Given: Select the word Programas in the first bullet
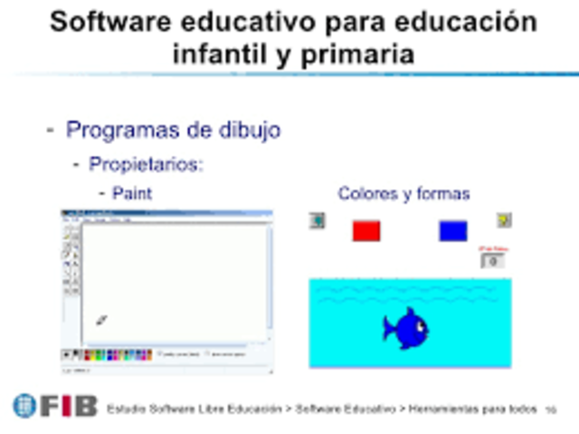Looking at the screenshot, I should (x=121, y=130).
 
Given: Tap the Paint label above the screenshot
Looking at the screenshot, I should (x=132, y=193).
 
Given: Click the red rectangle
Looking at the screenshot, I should (x=366, y=231).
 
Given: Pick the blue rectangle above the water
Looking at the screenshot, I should (x=453, y=231).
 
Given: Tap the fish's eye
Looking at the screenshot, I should (x=419, y=324).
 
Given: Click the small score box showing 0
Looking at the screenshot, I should (x=493, y=261).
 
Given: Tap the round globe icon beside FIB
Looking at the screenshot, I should (x=24, y=407).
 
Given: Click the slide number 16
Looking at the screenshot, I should (x=550, y=410).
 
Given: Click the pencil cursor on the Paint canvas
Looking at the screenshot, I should (x=101, y=320).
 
